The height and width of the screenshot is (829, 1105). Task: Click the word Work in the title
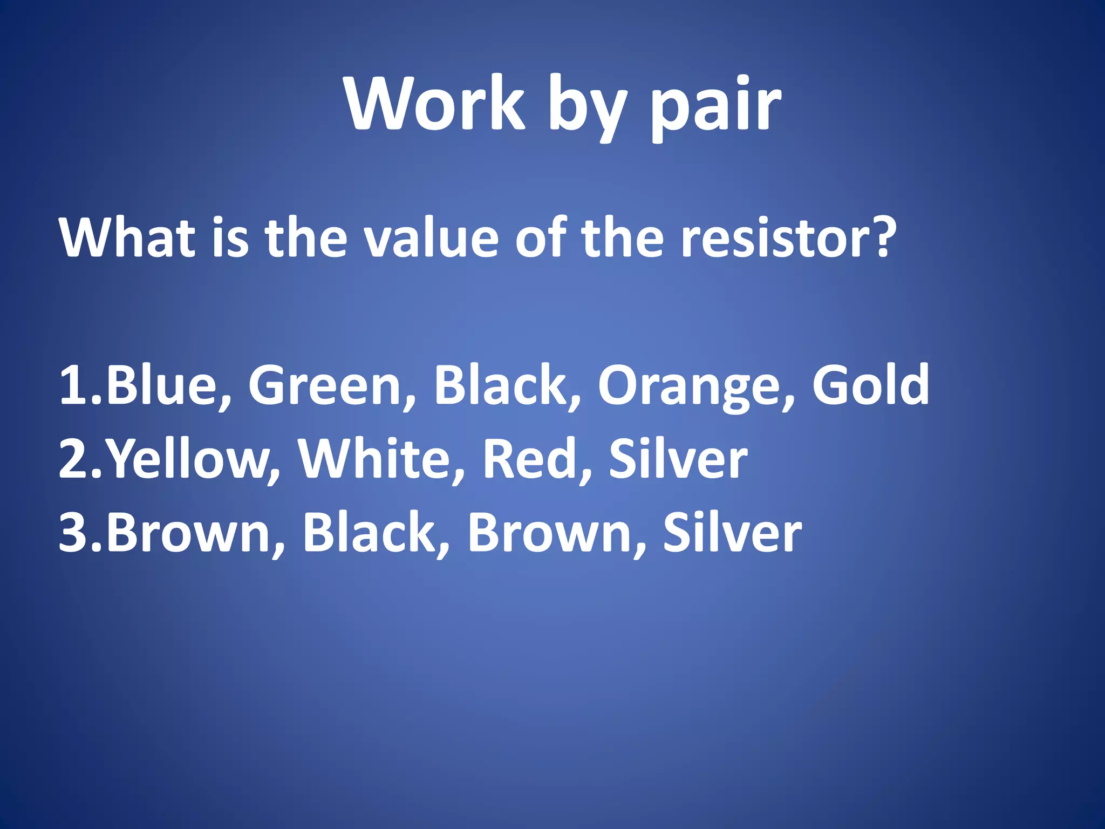pos(435,104)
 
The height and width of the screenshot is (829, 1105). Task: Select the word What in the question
pos(127,237)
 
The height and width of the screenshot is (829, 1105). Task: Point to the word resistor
pos(777,237)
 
